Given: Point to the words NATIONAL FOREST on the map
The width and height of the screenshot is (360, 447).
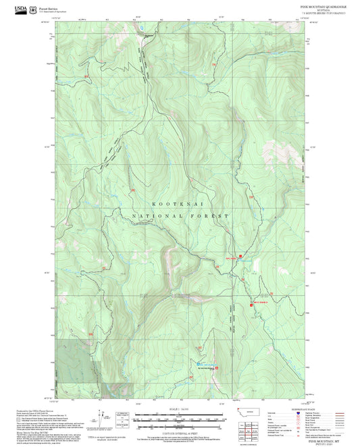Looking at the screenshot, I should point(180,216).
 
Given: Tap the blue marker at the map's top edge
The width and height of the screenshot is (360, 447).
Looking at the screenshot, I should point(142,28).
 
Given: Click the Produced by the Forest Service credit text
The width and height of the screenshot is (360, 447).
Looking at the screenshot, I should point(34,411).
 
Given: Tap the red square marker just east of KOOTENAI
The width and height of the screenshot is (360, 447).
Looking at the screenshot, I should point(251,196).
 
